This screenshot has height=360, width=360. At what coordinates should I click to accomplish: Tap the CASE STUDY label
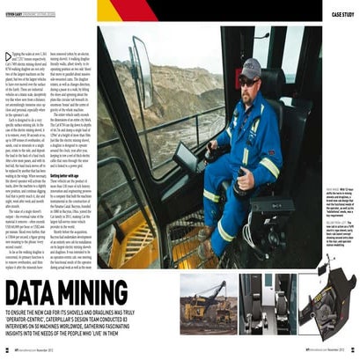342,15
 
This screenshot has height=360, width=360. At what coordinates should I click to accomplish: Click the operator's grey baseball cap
250,67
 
